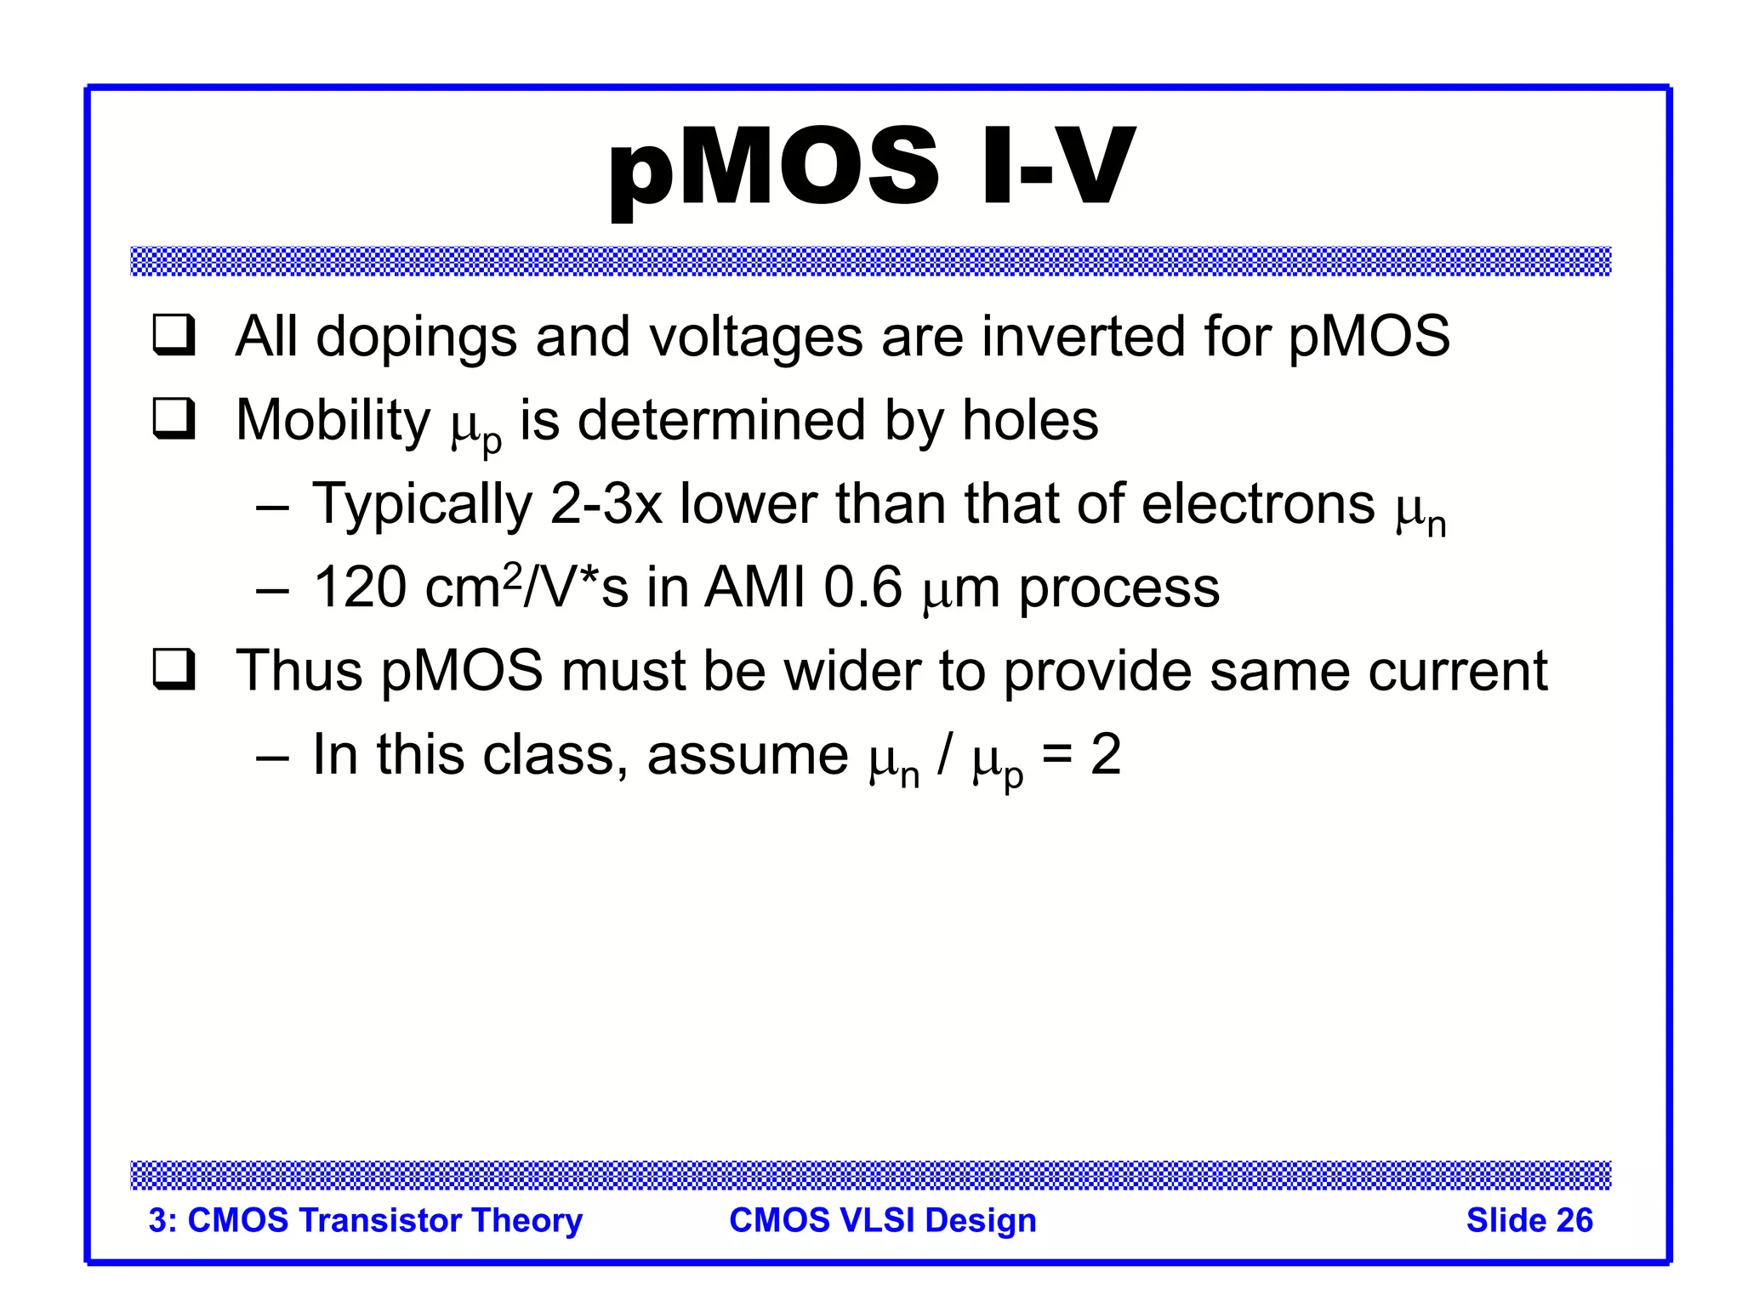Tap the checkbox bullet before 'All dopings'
pyautogui.click(x=174, y=335)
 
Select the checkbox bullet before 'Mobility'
pyautogui.click(x=174, y=418)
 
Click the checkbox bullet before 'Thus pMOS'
pyautogui.click(x=174, y=669)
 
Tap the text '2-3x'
pyautogui.click(x=606, y=504)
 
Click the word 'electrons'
pyautogui.click(x=1257, y=504)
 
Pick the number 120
pyautogui.click(x=360, y=588)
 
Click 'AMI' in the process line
pyautogui.click(x=754, y=588)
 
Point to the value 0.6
pyautogui.click(x=862, y=588)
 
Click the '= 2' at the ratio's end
pyautogui.click(x=1082, y=754)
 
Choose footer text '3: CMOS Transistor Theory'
pyautogui.click(x=365, y=1220)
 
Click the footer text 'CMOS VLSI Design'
pyautogui.click(x=882, y=1220)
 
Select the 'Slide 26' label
pyautogui.click(x=1529, y=1220)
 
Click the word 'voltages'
pyautogui.click(x=756, y=338)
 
